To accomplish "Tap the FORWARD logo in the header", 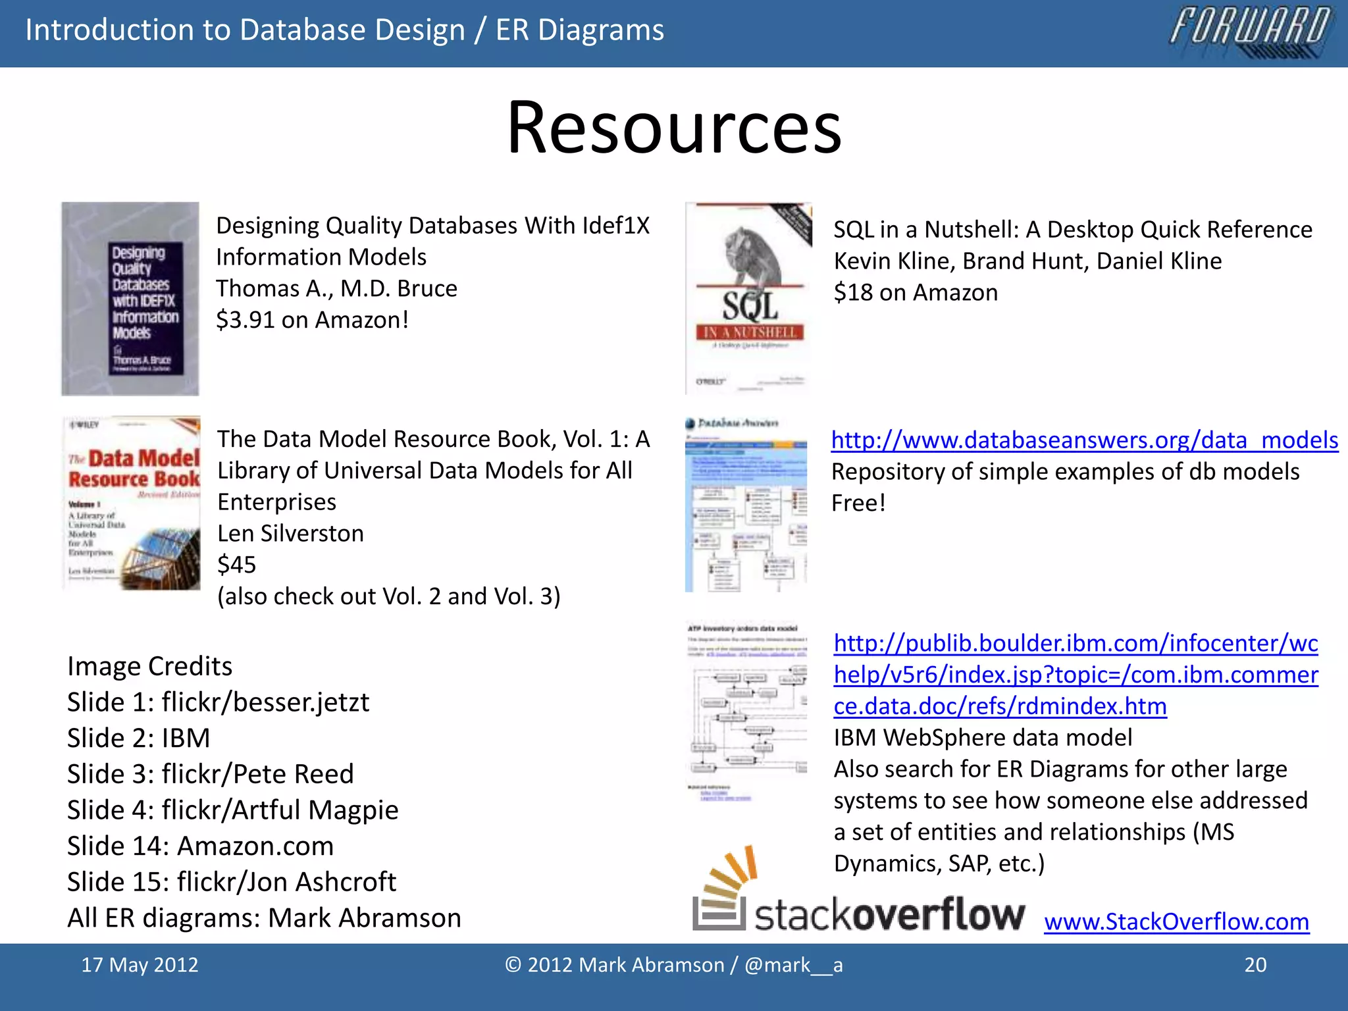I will coord(1251,32).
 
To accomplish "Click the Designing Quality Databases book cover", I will coord(130,298).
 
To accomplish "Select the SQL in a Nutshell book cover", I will coord(748,298).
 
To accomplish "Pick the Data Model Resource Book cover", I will coord(132,503).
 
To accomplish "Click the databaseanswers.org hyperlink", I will coord(1084,440).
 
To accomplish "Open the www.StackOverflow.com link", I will coord(1176,921).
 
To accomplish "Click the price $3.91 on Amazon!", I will coord(313,320).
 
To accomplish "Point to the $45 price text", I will coord(236,565).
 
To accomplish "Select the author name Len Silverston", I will coord(290,533).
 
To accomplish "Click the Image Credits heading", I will coord(149,666).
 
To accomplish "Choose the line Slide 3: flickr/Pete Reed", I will coord(210,774).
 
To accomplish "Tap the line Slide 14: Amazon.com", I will coord(200,846).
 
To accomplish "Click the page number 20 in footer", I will coord(1255,965).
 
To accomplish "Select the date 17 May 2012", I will coord(140,965).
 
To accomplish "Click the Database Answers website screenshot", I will coord(746,504).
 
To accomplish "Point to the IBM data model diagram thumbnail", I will coord(747,711).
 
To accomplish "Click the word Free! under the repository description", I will coord(858,503).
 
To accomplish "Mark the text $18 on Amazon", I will coord(916,292).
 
